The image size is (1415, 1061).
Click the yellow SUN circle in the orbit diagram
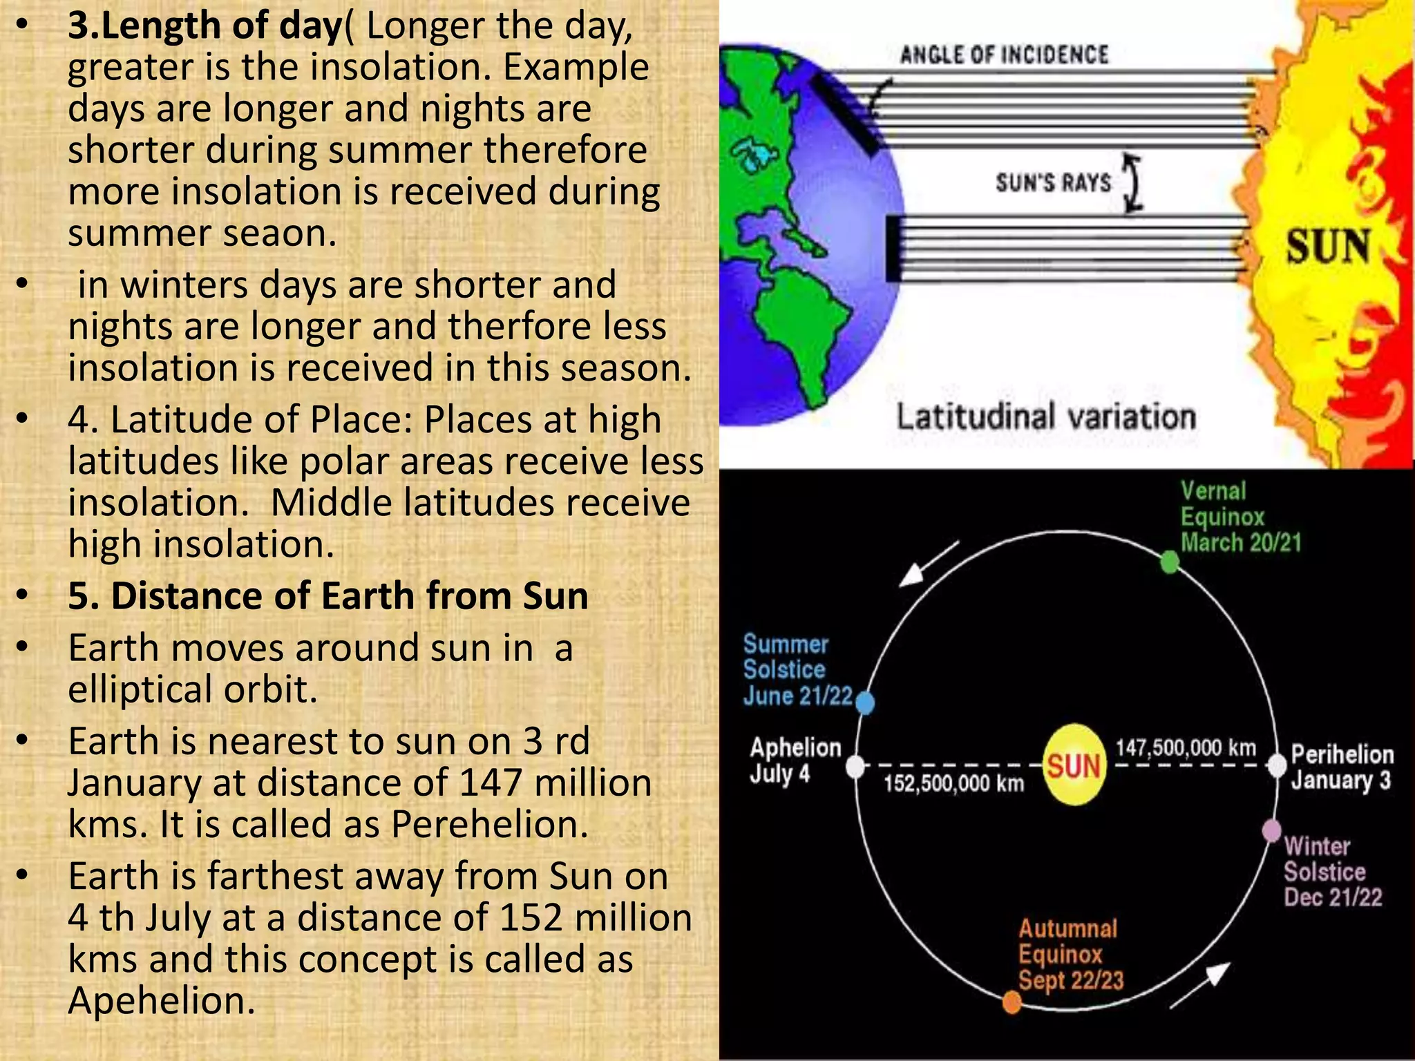(x=1074, y=765)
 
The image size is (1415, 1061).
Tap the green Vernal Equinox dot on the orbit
(x=1169, y=562)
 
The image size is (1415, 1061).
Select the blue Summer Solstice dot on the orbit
(x=865, y=703)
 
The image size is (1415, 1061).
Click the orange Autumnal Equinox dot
(x=1012, y=1002)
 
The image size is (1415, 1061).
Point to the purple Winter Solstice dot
(x=1272, y=830)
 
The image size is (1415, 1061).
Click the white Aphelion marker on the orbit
(x=855, y=766)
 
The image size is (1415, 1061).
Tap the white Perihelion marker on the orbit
(x=1278, y=765)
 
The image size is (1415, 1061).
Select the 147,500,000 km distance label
(x=1186, y=747)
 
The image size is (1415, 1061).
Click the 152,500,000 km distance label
(x=953, y=783)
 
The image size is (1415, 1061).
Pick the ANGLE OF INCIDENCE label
(x=1004, y=55)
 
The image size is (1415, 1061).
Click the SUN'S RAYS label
(x=1053, y=183)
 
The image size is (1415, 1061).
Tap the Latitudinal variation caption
(x=1046, y=417)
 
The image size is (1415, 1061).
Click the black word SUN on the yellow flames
(x=1327, y=247)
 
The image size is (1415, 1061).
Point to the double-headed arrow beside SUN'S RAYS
(x=1132, y=182)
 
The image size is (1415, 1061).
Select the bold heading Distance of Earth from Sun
(x=328, y=595)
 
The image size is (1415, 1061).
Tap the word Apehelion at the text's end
(x=162, y=1000)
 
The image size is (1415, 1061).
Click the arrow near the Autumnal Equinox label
(x=1199, y=986)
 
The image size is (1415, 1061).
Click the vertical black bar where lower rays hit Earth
(x=893, y=248)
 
